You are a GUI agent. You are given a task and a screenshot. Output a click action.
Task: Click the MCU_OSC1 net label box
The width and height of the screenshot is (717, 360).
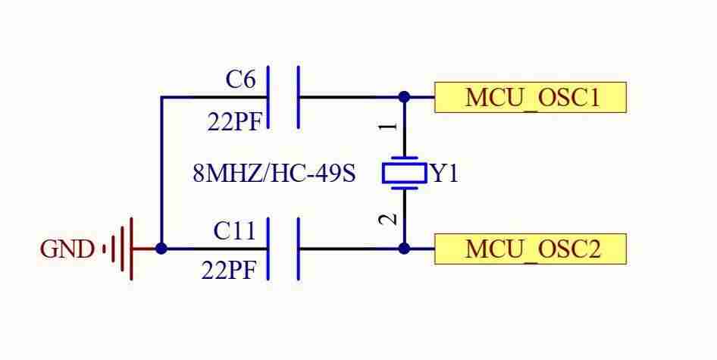tap(531, 98)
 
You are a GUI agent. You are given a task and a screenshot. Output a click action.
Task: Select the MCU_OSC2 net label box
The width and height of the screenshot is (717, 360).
tap(531, 249)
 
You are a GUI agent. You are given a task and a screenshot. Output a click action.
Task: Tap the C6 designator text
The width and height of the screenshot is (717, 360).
tap(240, 80)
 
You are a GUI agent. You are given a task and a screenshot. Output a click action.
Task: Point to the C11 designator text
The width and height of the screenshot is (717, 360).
tap(234, 230)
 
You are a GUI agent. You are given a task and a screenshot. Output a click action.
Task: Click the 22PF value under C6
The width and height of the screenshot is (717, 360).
tap(235, 122)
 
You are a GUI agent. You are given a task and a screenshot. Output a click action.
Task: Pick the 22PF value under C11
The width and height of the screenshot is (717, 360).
tap(229, 271)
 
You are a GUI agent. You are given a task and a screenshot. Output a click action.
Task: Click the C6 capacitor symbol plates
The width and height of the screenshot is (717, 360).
tap(283, 98)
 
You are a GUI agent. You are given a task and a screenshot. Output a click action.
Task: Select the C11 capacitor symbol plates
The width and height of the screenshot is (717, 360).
tap(283, 249)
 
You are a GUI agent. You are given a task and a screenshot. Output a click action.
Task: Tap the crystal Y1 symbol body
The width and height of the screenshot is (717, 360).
tap(405, 173)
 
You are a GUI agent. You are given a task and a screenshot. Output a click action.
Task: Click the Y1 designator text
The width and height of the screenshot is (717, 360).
tap(445, 174)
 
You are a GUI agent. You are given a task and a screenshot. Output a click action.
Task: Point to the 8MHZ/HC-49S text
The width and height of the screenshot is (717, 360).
tap(274, 174)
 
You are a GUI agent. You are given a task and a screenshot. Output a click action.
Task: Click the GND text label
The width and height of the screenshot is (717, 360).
tap(67, 249)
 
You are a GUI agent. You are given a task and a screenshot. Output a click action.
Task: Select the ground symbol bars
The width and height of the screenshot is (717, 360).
tap(119, 249)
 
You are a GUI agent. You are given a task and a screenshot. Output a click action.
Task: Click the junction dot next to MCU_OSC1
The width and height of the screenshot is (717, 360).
tap(404, 97)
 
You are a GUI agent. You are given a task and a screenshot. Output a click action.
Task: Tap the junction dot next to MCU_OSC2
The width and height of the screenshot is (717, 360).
tap(404, 249)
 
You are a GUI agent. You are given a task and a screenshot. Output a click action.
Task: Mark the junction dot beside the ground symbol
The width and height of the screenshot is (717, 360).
tap(161, 249)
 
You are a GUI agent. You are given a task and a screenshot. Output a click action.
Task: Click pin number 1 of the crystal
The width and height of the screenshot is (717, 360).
tap(388, 125)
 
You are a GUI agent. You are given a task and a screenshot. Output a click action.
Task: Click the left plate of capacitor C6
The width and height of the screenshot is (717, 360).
tap(268, 98)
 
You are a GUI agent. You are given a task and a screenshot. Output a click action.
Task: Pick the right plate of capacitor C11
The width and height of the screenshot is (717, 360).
tap(299, 249)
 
